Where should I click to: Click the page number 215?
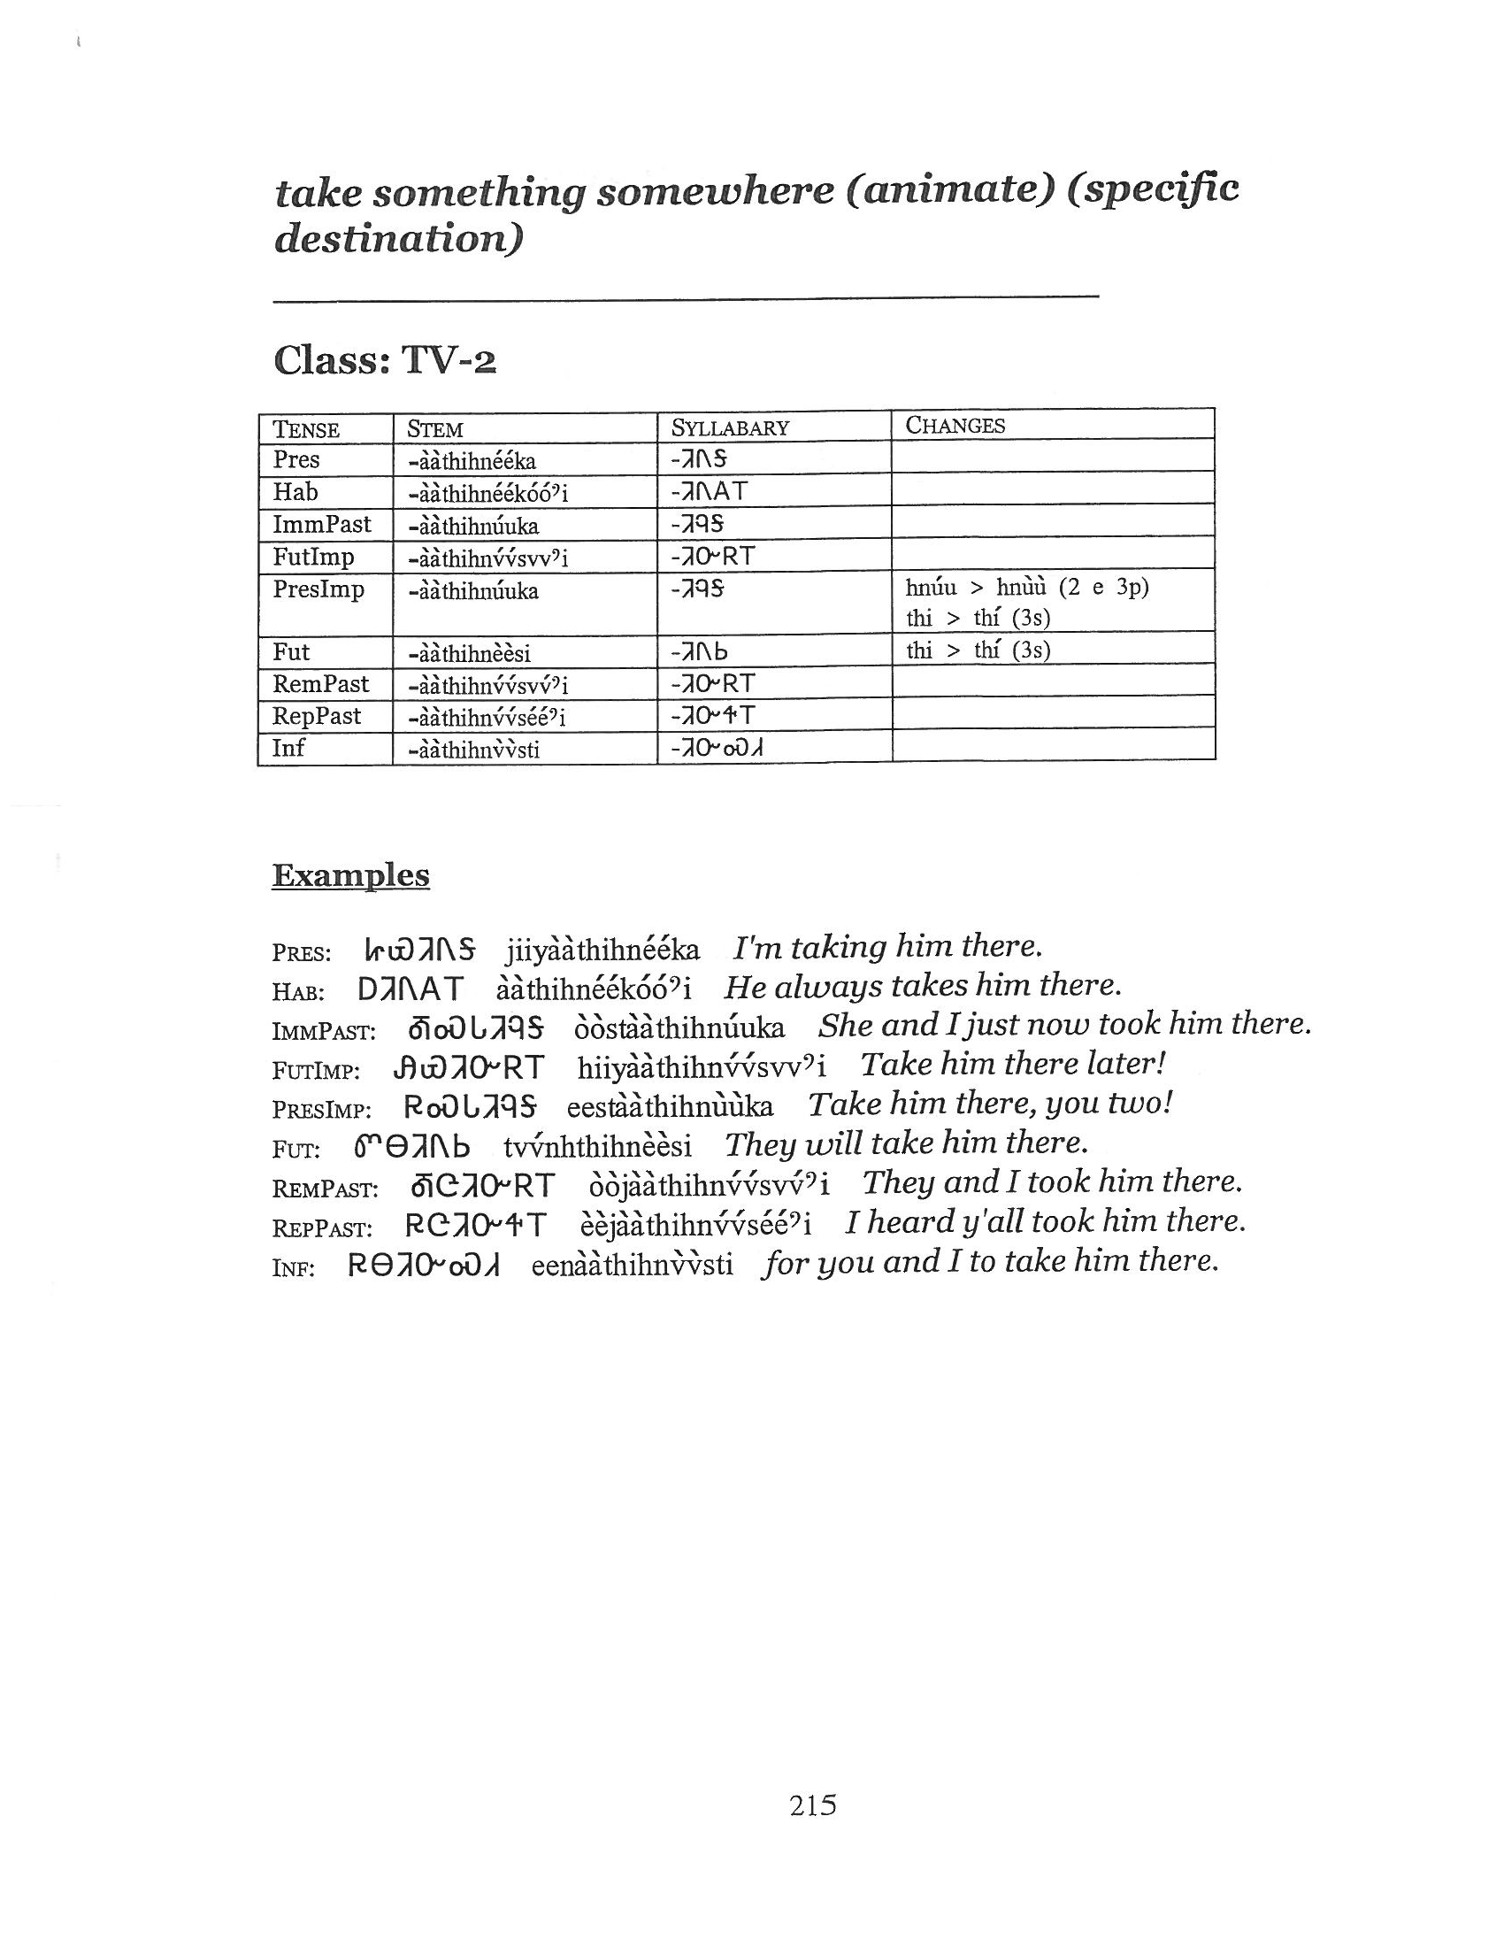(x=811, y=1805)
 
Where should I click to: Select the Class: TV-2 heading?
(x=384, y=360)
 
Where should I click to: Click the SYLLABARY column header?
(x=730, y=428)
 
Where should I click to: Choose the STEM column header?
(x=434, y=429)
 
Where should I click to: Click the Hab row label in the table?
(x=295, y=492)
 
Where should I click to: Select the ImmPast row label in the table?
(x=321, y=524)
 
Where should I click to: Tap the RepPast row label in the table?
(x=317, y=716)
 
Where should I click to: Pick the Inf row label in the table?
(x=288, y=748)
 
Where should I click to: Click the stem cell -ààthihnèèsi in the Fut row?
(x=469, y=653)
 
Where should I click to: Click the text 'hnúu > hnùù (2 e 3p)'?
(x=1026, y=588)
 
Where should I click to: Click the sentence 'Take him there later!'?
(x=1013, y=1064)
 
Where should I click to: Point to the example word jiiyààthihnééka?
(x=602, y=950)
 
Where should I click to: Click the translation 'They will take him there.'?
(x=906, y=1143)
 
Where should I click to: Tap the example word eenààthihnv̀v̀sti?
(x=632, y=1265)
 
